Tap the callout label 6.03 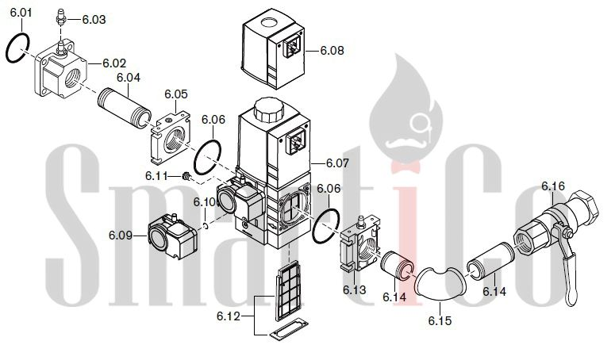point(93,18)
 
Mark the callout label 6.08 point(332,50)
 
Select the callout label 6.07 point(336,164)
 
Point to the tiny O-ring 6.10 point(206,226)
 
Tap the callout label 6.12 point(227,317)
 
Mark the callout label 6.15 point(439,321)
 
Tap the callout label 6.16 point(552,186)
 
